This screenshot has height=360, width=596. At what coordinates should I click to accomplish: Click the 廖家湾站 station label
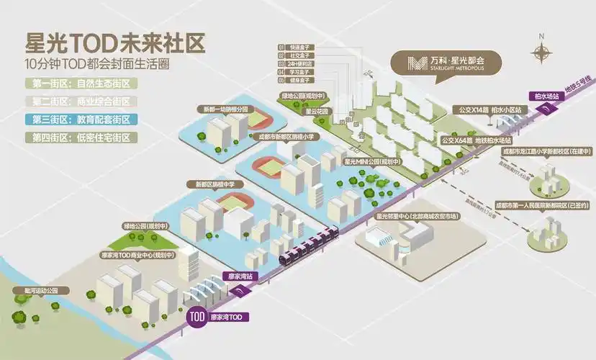(239, 276)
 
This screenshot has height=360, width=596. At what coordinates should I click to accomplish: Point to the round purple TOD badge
(197, 316)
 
